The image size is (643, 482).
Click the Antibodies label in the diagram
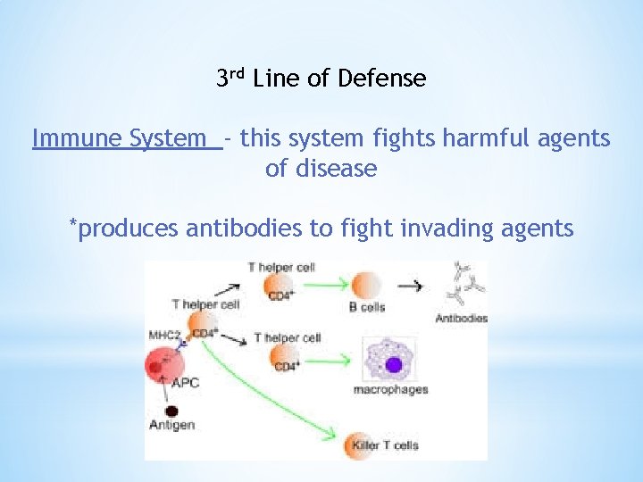click(x=461, y=319)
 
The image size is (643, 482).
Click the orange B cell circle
click(x=367, y=286)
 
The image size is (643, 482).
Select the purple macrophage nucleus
click(x=393, y=364)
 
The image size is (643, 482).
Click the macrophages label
click(x=390, y=389)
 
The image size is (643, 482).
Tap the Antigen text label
click(x=171, y=425)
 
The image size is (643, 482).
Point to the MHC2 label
click(x=166, y=335)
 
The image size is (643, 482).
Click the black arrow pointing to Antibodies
click(x=411, y=287)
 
